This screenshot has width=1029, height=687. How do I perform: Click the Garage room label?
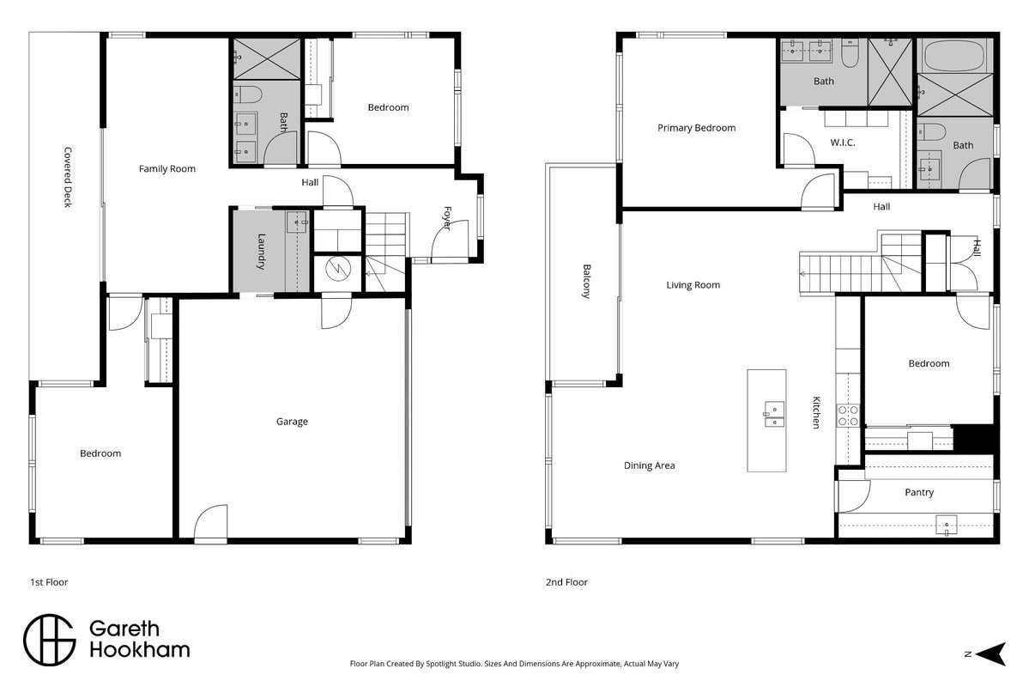tap(292, 422)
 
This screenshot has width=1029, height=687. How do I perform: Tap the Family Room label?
tap(167, 169)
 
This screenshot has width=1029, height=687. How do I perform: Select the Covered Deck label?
tap(68, 178)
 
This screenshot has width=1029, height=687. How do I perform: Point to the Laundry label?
tap(261, 252)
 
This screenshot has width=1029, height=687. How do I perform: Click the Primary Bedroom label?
tap(696, 128)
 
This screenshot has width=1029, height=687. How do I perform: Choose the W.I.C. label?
tap(843, 143)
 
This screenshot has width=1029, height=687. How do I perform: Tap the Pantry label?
tap(919, 492)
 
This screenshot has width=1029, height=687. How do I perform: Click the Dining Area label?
tap(649, 465)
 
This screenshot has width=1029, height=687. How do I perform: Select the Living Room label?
tap(693, 285)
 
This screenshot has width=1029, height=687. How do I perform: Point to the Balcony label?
tap(587, 281)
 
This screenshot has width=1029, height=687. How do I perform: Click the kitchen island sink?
tap(773, 414)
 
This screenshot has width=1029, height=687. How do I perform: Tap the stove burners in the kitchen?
tap(848, 416)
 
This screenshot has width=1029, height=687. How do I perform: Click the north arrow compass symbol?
tap(991, 654)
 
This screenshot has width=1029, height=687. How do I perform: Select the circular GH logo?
tap(50, 641)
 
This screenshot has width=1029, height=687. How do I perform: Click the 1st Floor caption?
tap(49, 582)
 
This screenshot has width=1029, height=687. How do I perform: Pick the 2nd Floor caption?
tap(567, 582)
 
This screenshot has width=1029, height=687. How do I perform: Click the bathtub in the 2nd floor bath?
tap(953, 57)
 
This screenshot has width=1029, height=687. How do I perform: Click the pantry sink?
tap(947, 526)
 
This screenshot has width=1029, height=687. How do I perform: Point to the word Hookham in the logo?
tap(140, 650)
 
